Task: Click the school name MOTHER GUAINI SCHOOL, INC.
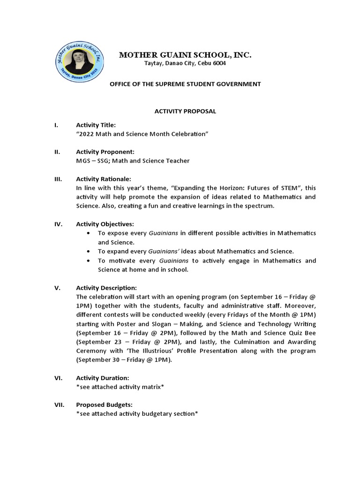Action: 185,55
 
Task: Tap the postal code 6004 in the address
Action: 219,63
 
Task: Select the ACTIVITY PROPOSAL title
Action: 186,112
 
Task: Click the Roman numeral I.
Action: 56,125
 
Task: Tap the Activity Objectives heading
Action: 105,224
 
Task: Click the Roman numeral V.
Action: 56,287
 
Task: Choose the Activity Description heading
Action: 106,287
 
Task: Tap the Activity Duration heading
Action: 103,377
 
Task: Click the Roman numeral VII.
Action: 58,404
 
